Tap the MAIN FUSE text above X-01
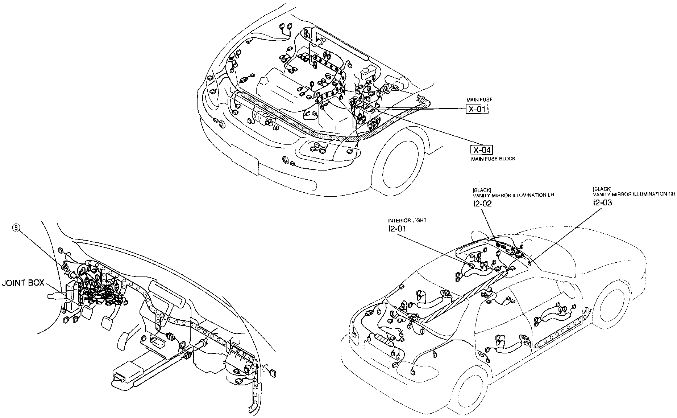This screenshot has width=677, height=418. pyautogui.click(x=479, y=100)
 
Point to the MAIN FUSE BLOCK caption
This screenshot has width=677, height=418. pyautogui.click(x=493, y=159)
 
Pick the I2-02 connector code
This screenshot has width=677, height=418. pyautogui.click(x=482, y=204)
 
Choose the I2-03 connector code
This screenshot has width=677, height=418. pyautogui.click(x=602, y=202)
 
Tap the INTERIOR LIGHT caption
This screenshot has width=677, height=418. pyautogui.click(x=407, y=220)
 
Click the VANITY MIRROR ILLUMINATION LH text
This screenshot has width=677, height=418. pyautogui.click(x=513, y=195)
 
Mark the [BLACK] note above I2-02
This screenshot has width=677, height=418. pyautogui.click(x=482, y=190)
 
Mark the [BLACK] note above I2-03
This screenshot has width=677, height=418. pyautogui.click(x=602, y=189)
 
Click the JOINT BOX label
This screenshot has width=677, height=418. pyautogui.click(x=23, y=283)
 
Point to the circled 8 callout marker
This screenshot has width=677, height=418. pyautogui.click(x=16, y=228)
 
